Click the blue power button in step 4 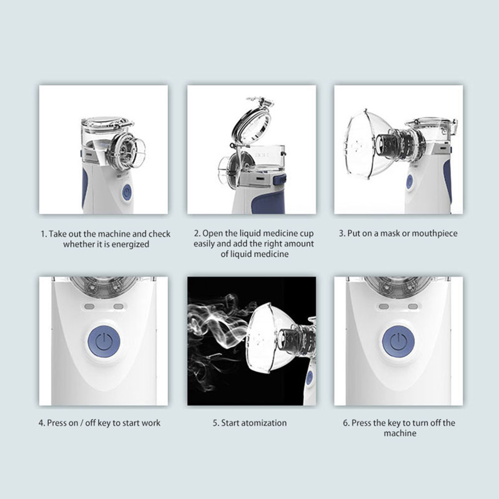click(104, 342)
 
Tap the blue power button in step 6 click(398, 342)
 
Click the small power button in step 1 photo click(126, 192)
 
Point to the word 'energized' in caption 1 click(130, 245)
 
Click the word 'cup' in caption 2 click(306, 234)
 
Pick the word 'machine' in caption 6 click(400, 433)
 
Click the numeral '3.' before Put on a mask click(342, 233)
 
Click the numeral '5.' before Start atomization click(216, 423)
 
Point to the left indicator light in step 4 click(90, 306)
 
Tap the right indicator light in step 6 click(413, 306)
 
